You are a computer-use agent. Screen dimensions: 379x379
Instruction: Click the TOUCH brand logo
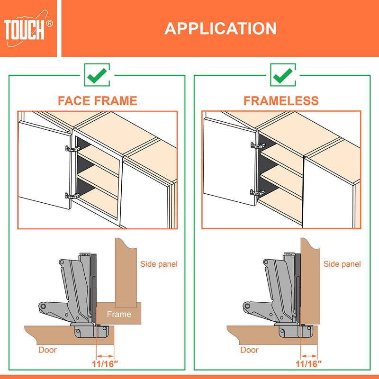(28, 28)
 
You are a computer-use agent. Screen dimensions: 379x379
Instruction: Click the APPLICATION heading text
(220, 28)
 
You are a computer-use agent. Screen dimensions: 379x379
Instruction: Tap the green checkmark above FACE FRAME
(97, 75)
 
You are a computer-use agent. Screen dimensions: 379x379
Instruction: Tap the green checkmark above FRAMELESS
(283, 75)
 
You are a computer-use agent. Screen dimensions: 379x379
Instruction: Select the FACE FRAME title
(98, 100)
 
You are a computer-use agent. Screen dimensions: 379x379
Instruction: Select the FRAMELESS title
(281, 100)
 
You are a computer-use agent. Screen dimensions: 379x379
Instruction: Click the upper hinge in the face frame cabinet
(72, 149)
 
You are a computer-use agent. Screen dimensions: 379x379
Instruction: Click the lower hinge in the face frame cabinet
(72, 196)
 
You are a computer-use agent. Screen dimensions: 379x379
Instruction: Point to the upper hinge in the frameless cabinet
(258, 145)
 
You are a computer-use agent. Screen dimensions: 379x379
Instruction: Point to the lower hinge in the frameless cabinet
(258, 192)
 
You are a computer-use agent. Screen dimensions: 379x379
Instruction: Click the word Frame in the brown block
(119, 314)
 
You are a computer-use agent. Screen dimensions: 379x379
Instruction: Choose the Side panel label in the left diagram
(159, 264)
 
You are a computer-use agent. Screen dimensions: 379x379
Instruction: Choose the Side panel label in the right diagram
(342, 264)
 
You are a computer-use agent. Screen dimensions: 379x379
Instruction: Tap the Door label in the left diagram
(47, 350)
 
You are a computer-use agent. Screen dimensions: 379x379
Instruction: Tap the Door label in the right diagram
(250, 350)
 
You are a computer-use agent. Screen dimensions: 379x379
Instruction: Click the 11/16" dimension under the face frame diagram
(105, 364)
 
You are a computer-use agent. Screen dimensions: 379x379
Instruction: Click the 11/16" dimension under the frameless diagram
(309, 364)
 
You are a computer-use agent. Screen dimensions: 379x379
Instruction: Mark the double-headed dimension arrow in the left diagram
(105, 356)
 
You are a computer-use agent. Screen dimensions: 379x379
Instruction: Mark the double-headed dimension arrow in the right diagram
(309, 356)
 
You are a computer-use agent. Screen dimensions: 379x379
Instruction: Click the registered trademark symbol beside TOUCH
(49, 23)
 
